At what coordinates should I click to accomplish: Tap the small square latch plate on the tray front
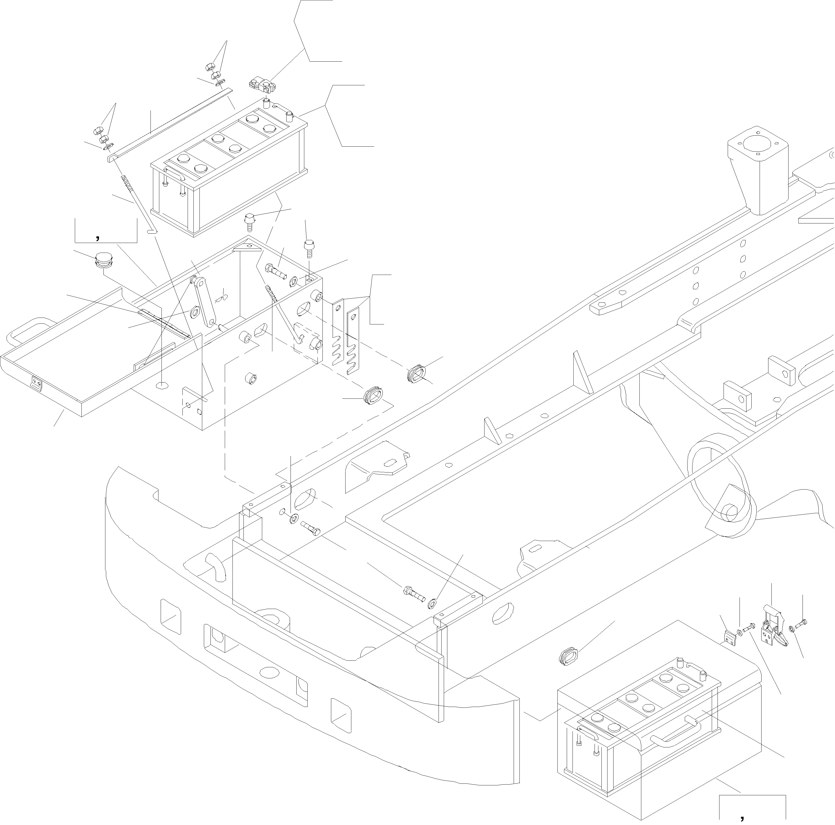pyautogui.click(x=37, y=384)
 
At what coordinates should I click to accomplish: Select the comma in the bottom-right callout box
pyautogui.click(x=743, y=816)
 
